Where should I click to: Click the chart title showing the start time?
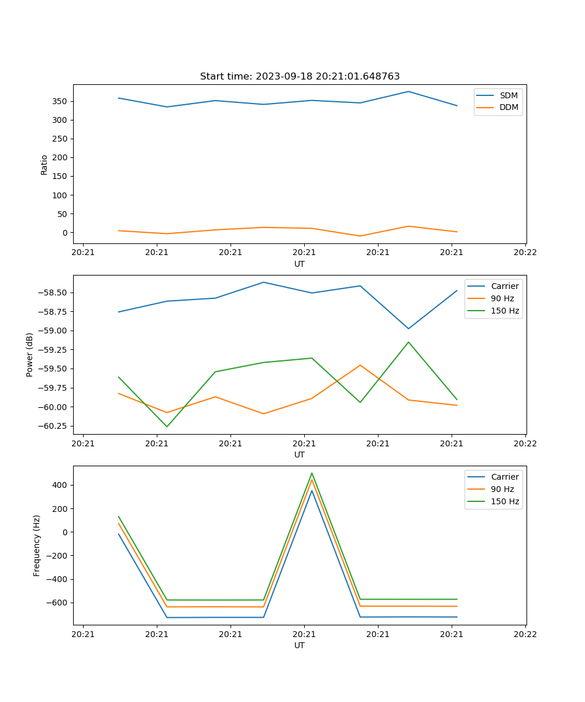300,77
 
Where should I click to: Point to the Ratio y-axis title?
44,164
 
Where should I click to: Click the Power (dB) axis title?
30,355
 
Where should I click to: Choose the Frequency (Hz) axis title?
37,545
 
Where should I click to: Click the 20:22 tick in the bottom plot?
525,634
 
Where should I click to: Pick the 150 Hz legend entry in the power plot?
505,311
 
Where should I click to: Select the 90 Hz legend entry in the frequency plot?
503,489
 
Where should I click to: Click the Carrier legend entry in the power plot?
504,286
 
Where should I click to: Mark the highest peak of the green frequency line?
312,473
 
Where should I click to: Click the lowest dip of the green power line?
167,426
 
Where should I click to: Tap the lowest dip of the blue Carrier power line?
408,329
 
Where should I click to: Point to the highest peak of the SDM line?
408,91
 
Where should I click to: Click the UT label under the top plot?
300,264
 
